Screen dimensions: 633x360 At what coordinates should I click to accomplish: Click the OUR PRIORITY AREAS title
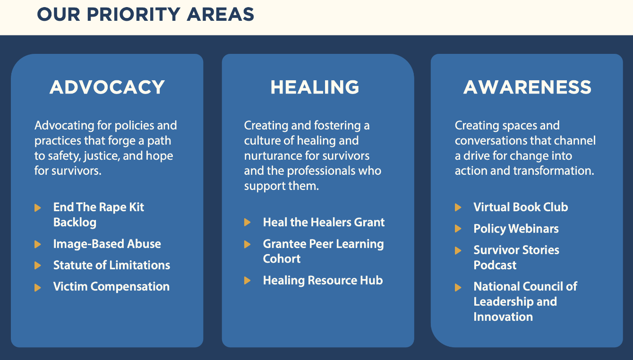coord(145,14)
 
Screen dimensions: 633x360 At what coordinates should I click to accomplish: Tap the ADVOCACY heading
coord(107,87)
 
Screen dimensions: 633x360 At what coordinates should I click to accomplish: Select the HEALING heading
coord(315,87)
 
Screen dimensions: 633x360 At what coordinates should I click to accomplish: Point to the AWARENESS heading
coord(527,87)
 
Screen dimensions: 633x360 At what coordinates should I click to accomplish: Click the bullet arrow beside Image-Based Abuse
coord(38,244)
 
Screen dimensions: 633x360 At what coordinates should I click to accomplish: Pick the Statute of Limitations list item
coord(111,265)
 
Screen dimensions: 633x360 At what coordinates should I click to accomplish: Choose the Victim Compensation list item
coord(111,287)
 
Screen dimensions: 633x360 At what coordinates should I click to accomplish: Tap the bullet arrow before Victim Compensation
coord(38,287)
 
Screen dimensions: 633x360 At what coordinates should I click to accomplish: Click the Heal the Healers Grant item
coord(324,223)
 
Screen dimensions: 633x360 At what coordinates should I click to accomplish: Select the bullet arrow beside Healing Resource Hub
coord(247,281)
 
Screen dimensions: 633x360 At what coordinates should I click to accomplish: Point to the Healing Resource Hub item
coord(323,281)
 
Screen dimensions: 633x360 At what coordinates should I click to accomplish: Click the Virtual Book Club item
coord(521,207)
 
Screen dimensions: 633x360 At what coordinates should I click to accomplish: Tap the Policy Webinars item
coord(516,229)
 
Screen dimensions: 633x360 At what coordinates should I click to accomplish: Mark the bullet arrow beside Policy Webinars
coord(458,229)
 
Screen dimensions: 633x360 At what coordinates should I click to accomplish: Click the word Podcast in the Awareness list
coord(495,265)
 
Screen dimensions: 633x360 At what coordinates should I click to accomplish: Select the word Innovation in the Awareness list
coord(503,317)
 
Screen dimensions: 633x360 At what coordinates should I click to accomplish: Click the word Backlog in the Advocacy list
coord(75,223)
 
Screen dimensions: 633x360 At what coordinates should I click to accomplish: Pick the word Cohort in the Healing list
coord(282,259)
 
